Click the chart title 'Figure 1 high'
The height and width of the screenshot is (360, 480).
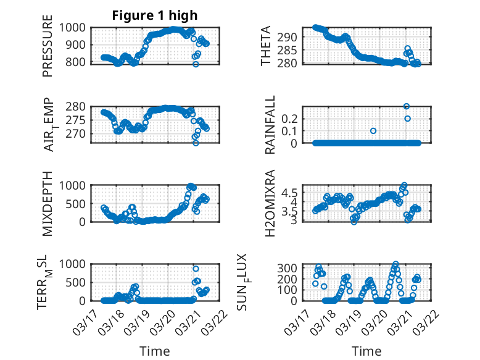(x=155, y=15)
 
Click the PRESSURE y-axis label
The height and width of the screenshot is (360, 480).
(x=48, y=50)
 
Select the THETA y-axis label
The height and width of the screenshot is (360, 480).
(x=266, y=46)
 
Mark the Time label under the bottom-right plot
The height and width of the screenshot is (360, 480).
(x=366, y=351)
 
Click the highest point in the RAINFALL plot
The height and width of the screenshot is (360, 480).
(x=407, y=106)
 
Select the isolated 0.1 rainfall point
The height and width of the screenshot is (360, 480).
(x=373, y=131)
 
